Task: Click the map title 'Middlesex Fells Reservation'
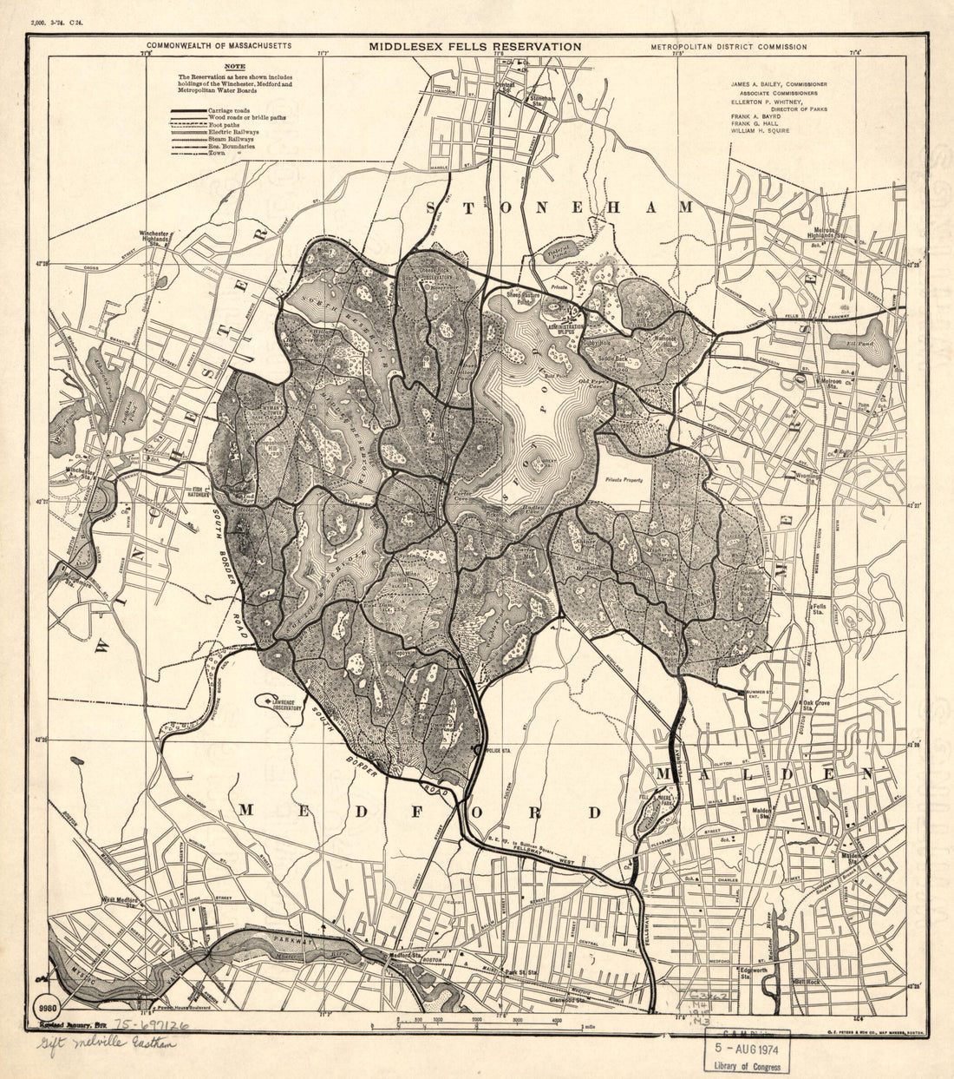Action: tap(474, 46)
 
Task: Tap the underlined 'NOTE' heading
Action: tap(234, 67)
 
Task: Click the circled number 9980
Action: tap(47, 1008)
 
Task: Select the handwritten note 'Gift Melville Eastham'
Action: tap(105, 1043)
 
